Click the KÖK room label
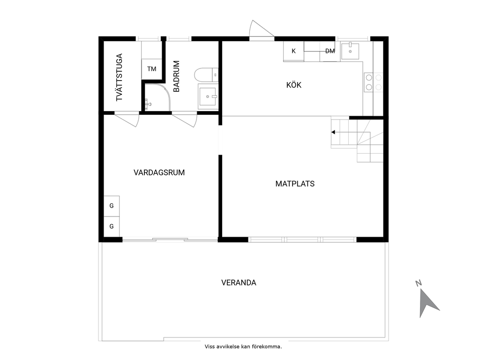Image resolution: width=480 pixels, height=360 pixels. point(294,85)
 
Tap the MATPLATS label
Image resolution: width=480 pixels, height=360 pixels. point(295,184)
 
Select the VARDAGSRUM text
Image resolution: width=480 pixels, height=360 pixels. point(159,172)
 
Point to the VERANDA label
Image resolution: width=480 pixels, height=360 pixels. point(239,283)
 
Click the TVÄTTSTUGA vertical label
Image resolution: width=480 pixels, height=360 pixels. point(120,77)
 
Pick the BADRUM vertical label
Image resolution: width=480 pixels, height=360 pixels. point(177,76)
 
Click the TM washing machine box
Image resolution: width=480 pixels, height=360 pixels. point(151,69)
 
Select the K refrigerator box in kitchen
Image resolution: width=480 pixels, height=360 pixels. point(294,51)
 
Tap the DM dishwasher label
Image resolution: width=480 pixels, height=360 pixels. point(330,51)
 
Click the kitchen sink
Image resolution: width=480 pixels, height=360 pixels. point(350,50)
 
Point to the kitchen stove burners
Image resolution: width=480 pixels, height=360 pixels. point(374,82)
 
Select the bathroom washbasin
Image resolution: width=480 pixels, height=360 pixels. point(208,97)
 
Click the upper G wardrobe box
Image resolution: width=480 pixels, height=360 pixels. point(112,205)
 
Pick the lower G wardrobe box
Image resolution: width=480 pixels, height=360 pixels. point(112,226)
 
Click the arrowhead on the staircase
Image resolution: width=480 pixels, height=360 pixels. point(333,132)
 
